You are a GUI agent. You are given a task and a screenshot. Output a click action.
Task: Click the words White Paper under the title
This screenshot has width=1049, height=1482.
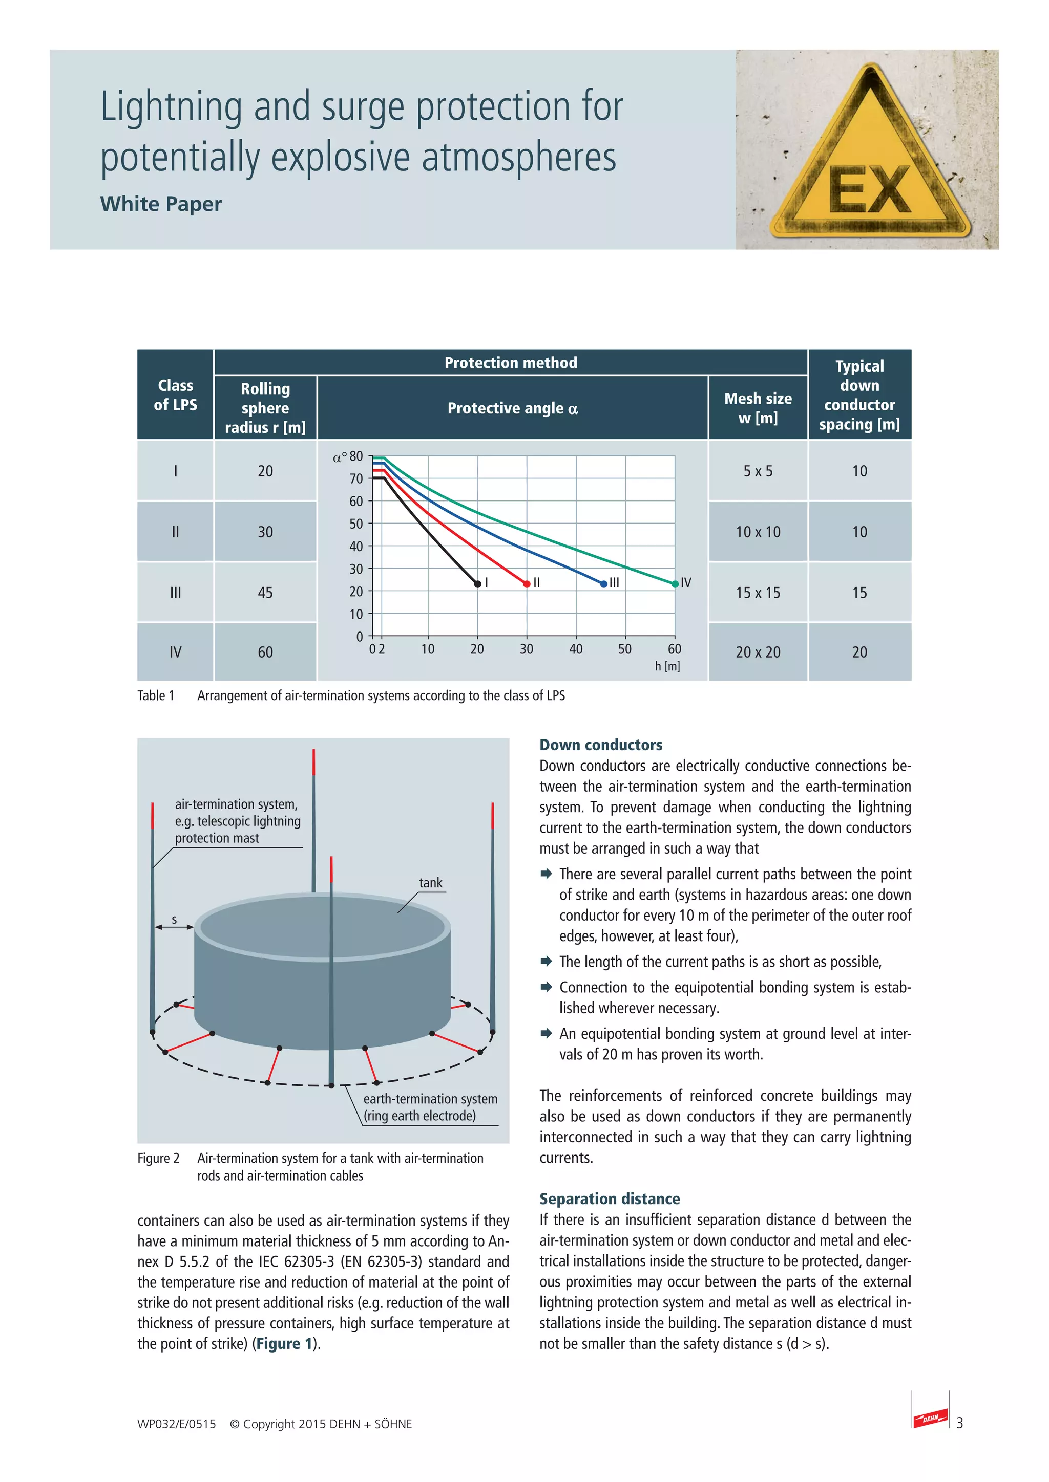click(161, 204)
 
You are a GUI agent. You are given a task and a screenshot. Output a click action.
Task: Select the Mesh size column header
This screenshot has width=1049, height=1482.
click(758, 408)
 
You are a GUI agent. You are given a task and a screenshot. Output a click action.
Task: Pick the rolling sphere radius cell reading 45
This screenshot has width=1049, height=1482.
click(265, 593)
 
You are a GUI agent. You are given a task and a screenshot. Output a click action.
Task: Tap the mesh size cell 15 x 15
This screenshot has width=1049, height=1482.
click(758, 593)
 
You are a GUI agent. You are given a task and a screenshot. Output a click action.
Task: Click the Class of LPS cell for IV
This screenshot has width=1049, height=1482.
click(175, 652)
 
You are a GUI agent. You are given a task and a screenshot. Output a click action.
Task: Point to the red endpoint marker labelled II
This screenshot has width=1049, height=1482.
click(527, 584)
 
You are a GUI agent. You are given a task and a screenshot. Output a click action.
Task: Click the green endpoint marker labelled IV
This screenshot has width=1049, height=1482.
click(675, 584)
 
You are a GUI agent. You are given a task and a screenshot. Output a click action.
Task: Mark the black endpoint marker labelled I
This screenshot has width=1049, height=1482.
click(478, 584)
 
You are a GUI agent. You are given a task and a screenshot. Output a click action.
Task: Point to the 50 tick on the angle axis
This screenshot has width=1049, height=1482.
click(356, 524)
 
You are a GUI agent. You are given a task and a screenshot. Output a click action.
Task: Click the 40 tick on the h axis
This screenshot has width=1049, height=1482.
click(576, 649)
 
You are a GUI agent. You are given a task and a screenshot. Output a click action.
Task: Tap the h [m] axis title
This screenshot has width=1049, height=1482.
click(667, 666)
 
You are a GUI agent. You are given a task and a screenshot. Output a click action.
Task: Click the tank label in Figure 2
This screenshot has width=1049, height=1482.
click(430, 883)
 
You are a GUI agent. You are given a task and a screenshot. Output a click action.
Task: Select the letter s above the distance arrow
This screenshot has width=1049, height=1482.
click(174, 919)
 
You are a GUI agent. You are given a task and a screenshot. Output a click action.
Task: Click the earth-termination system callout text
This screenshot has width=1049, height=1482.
click(430, 1107)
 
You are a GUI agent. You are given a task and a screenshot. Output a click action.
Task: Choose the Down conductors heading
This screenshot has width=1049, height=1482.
click(601, 745)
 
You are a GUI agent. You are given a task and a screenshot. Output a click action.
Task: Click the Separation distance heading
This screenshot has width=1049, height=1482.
click(609, 1198)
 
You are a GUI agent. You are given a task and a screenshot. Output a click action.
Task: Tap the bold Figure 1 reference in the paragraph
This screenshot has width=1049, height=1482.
click(284, 1344)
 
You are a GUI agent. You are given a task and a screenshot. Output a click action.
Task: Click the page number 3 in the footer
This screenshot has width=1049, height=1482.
click(960, 1423)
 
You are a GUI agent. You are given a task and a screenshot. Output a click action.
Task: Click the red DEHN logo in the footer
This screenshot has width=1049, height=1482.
click(930, 1418)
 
